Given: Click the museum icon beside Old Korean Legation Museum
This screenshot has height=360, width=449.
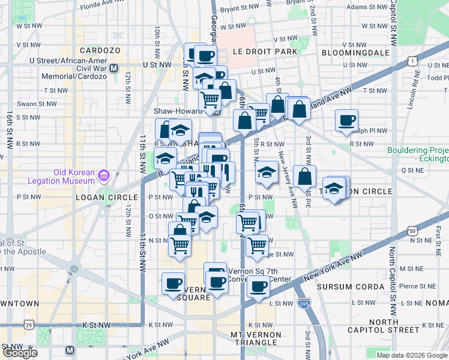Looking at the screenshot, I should tap(103, 176).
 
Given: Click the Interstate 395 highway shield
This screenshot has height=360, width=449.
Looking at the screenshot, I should tap(304, 304).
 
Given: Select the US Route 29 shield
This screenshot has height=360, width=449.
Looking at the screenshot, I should tap(29, 325).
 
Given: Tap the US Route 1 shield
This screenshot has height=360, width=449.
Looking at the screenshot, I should tap(412, 60).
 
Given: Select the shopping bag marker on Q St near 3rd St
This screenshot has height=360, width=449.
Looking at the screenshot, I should tap(305, 176).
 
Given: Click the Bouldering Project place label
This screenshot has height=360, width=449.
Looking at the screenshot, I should tap(419, 154).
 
